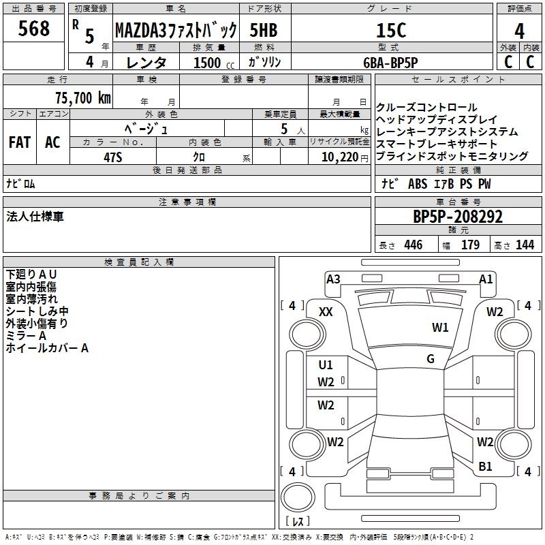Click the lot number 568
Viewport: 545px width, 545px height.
click(33, 29)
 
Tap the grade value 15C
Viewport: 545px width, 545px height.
click(391, 30)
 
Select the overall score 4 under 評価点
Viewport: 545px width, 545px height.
click(519, 31)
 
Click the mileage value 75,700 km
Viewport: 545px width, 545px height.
click(83, 98)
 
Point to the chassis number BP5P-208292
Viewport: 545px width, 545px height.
click(458, 217)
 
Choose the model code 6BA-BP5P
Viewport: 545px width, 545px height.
click(390, 63)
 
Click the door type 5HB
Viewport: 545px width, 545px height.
click(264, 30)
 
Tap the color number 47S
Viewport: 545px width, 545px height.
click(113, 157)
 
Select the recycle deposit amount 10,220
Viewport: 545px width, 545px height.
click(339, 157)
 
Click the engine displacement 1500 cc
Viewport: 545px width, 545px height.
click(214, 63)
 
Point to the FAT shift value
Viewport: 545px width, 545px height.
click(20, 142)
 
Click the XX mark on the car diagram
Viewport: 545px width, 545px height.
click(326, 312)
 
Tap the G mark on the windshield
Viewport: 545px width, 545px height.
click(431, 359)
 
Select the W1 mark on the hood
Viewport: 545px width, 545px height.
click(440, 327)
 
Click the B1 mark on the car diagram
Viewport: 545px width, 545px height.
click(485, 466)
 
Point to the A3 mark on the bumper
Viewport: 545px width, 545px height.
click(333, 279)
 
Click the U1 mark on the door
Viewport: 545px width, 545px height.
click(326, 364)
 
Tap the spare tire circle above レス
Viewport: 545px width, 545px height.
click(298, 497)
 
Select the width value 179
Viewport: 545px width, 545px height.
click(470, 245)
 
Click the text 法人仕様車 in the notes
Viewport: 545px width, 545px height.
click(35, 217)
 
